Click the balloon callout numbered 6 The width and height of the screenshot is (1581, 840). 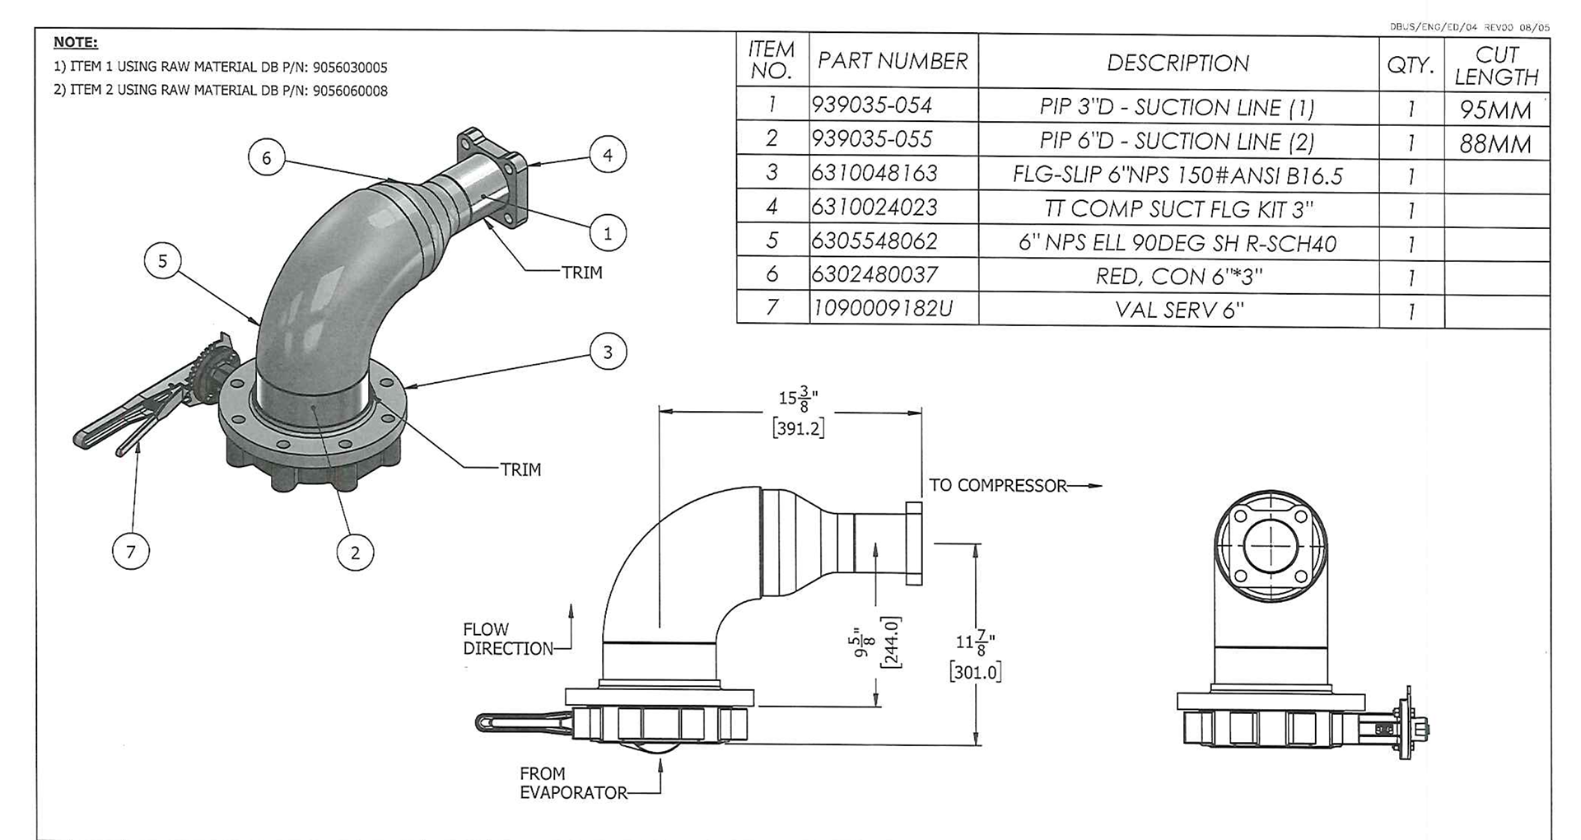266,157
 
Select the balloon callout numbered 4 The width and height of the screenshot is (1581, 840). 608,155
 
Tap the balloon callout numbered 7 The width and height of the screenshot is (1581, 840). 131,551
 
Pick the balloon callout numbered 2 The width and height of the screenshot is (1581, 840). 356,553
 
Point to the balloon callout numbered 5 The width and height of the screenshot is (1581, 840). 162,261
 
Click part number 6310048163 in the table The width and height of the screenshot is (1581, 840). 874,173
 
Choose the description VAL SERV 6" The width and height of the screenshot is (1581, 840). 1179,310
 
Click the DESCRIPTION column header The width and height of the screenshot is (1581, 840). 1178,63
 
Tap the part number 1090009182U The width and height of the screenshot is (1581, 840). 883,308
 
